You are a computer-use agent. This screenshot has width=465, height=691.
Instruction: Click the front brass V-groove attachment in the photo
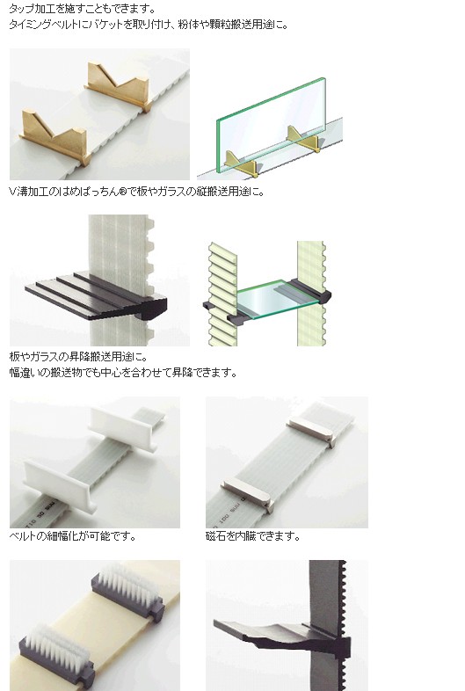tap(54, 137)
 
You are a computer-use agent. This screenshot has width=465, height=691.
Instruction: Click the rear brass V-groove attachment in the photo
tap(118, 86)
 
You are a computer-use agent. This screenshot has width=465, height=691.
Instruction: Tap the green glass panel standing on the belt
tap(271, 124)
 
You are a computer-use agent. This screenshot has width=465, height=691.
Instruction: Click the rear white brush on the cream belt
tap(127, 590)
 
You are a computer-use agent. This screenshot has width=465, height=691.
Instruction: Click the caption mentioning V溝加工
tap(136, 192)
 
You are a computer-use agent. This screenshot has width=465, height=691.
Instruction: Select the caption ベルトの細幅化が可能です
tap(73, 536)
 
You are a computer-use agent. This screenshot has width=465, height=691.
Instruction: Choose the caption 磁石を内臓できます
tap(253, 536)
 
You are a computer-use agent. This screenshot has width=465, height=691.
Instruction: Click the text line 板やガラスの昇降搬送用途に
tap(79, 357)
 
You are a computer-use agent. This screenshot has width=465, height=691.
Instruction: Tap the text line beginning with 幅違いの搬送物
tap(123, 373)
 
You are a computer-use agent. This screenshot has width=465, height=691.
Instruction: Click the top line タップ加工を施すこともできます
tap(83, 8)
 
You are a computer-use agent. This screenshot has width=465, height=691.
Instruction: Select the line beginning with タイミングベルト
tap(149, 25)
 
